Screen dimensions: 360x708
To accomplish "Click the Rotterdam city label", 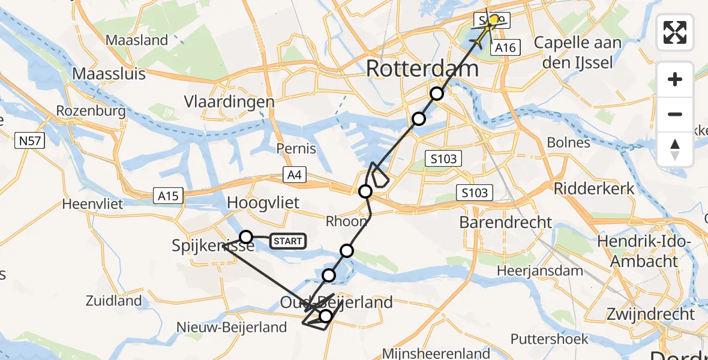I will tap(422, 68).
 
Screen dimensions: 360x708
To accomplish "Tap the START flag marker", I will tap(288, 241).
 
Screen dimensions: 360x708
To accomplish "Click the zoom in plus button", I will tap(675, 80).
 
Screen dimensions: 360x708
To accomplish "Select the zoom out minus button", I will tap(675, 114).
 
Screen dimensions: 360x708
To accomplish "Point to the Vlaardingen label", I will tap(229, 101).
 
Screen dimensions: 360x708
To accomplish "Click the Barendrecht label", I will tap(505, 222).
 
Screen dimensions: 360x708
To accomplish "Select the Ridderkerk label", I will tap(593, 188).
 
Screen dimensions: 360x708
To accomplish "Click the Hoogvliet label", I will tap(263, 203).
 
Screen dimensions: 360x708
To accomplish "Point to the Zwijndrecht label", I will tap(650, 314).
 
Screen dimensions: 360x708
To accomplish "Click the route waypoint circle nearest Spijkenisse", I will tap(246, 236).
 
